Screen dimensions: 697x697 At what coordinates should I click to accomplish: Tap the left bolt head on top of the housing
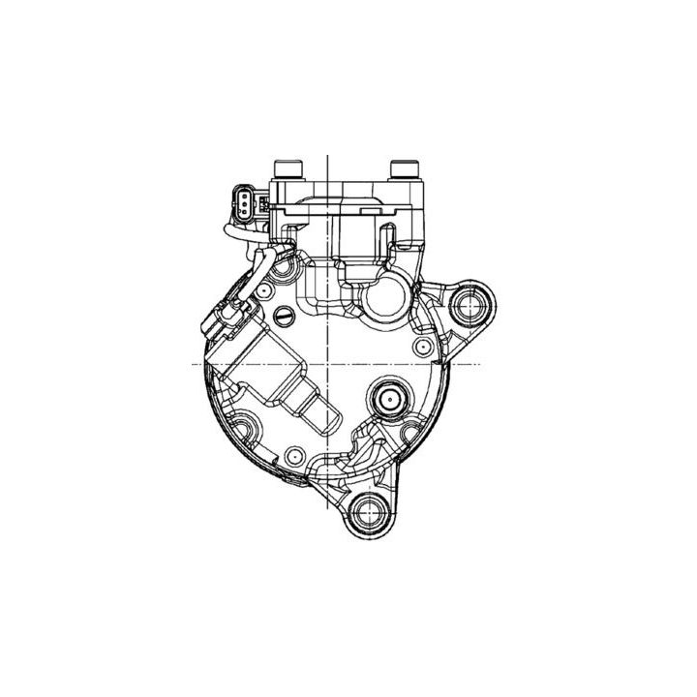point(287,170)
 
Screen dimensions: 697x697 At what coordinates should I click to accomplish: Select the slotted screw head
point(284,315)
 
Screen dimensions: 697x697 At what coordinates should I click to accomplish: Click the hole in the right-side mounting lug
point(471,304)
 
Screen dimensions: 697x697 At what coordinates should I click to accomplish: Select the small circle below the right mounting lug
point(419,346)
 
